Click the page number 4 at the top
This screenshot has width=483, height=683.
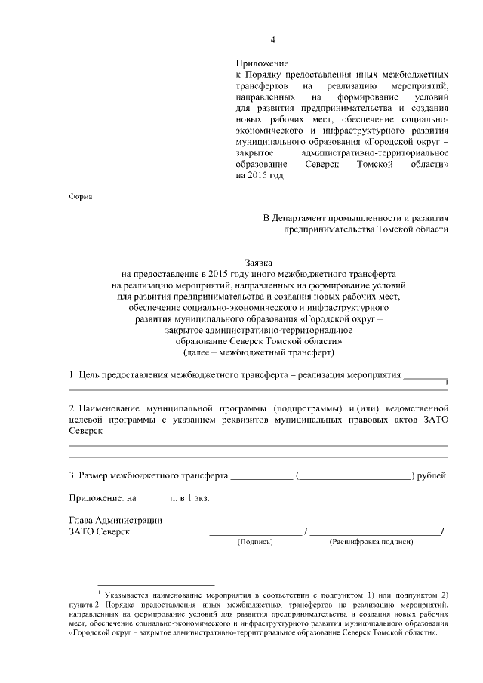coord(274,40)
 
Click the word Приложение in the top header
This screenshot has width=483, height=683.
coord(262,63)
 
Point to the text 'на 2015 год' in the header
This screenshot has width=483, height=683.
coord(260,175)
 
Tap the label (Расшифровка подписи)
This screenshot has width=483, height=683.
coord(371,542)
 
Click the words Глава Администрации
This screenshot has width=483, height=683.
coord(115,520)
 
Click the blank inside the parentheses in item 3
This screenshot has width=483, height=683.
coord(355,477)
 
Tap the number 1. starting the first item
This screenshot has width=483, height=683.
coord(72,374)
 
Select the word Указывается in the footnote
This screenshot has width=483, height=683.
coord(128,595)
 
